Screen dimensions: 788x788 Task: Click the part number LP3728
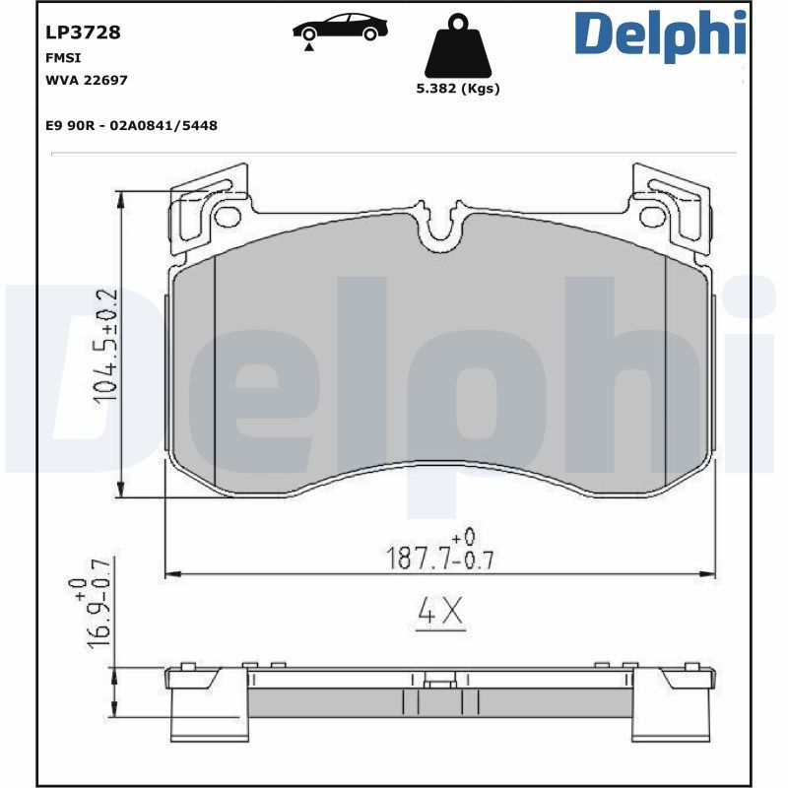83,33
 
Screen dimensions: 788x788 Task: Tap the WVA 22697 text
87,80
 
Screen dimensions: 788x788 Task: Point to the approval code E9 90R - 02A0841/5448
131,125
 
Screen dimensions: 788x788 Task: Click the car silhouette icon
341,28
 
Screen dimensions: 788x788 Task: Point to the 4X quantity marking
440,613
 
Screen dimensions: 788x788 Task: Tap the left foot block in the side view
207,714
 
